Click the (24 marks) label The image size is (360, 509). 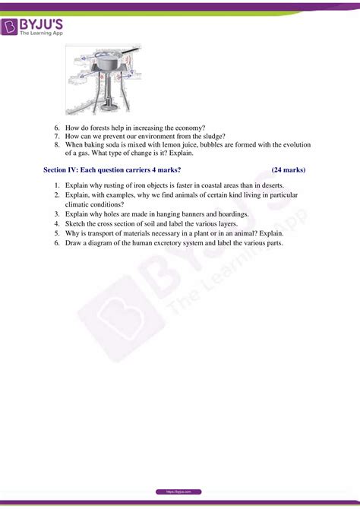click(x=289, y=170)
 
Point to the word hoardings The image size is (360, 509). click(x=229, y=214)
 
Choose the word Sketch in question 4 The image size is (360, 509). click(x=77, y=223)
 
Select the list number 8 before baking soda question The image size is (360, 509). click(x=58, y=144)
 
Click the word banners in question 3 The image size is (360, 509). click(x=184, y=214)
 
